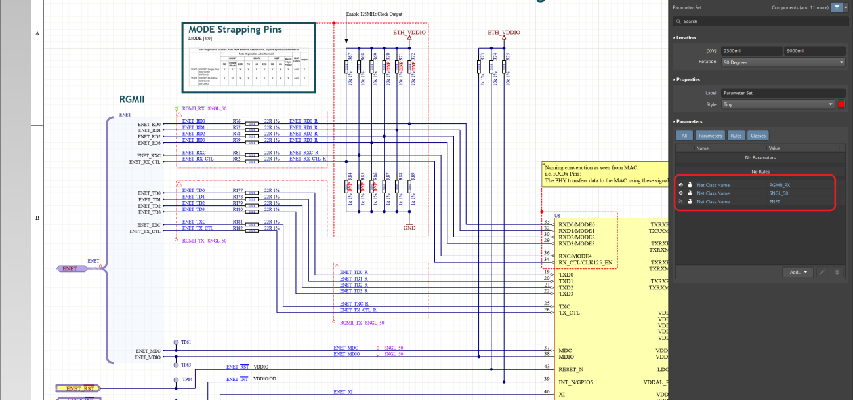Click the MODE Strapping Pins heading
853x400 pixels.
pyautogui.click(x=235, y=30)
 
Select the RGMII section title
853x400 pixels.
pyautogui.click(x=131, y=100)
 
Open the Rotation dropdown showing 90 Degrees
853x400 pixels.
pyautogui.click(x=782, y=62)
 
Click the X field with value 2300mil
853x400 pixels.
pyautogui.click(x=751, y=51)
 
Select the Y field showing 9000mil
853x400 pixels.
pyautogui.click(x=814, y=51)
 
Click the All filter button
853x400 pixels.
pyautogui.click(x=683, y=136)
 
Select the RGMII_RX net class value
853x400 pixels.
pyautogui.click(x=780, y=185)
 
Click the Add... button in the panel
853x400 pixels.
pyautogui.click(x=798, y=272)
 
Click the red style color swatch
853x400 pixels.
pyautogui.click(x=841, y=104)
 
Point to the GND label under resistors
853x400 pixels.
pyautogui.click(x=409, y=228)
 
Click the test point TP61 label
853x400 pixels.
pyautogui.click(x=186, y=342)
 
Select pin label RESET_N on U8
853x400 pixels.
pyautogui.click(x=570, y=369)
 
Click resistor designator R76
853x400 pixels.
pyautogui.click(x=237, y=121)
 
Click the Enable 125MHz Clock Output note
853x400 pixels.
pyautogui.click(x=374, y=14)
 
